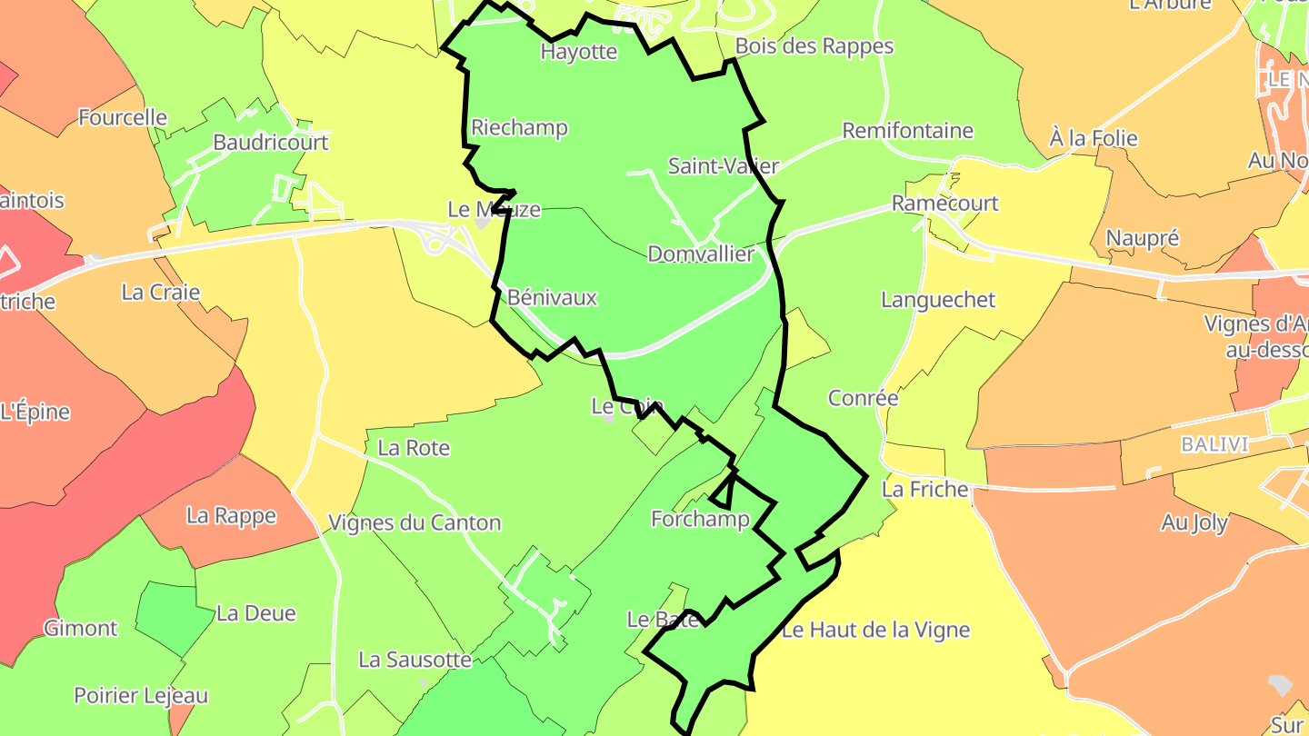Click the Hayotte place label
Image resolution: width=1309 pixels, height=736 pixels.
click(579, 52)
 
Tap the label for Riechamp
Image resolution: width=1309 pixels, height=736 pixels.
click(519, 128)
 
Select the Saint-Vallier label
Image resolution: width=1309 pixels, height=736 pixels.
click(724, 166)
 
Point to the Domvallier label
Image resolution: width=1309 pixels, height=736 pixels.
click(701, 254)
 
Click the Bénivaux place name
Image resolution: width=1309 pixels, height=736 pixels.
click(552, 297)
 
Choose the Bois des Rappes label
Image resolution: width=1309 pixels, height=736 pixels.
click(814, 46)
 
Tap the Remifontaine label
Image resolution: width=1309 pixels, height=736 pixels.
click(907, 131)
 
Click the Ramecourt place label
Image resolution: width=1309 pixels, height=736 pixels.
click(944, 204)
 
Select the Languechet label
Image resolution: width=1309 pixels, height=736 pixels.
click(938, 300)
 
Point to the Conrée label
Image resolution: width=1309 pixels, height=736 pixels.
click(863, 398)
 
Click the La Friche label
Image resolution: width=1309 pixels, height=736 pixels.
click(924, 490)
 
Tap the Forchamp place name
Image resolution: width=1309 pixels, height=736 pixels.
click(700, 519)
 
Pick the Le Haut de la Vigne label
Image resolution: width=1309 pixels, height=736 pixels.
click(875, 630)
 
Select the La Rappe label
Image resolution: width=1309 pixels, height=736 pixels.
click(231, 516)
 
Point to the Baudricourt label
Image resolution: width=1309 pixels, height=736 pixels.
click(270, 143)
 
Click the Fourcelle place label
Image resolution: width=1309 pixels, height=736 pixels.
click(123, 117)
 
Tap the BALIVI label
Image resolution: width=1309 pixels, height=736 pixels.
click(1214, 445)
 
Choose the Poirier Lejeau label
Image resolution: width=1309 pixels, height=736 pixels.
click(141, 696)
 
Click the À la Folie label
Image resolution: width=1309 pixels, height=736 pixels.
click(1093, 139)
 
